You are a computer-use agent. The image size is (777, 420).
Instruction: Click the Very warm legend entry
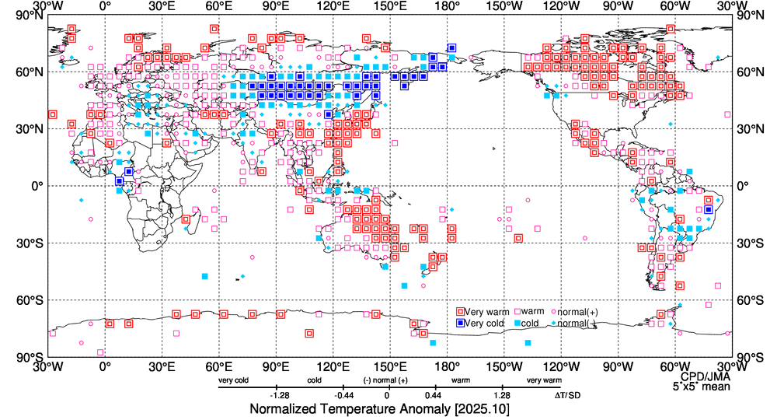coord(486,312)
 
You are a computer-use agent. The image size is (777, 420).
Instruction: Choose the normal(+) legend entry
coord(573,312)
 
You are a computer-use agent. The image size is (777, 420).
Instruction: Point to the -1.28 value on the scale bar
coord(279,394)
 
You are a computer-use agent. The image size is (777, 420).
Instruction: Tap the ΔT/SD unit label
coord(566,394)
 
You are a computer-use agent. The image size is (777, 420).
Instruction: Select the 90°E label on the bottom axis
coord(275,366)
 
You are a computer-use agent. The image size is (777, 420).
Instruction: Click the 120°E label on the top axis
coord(333,7)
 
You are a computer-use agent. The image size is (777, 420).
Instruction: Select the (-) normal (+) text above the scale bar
coord(386,380)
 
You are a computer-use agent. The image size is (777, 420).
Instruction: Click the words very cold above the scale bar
coord(234,380)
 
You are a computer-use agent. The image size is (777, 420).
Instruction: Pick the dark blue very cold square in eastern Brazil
coord(709,209)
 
